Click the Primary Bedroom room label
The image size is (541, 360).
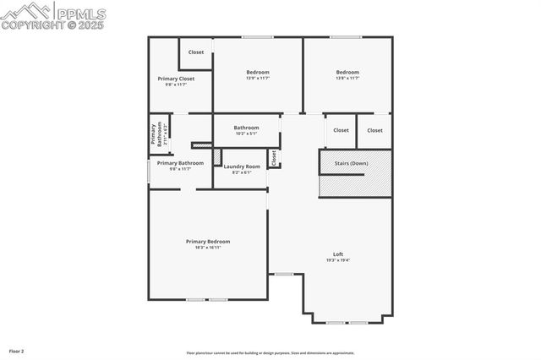[x=208, y=242]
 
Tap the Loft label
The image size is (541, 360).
[x=338, y=254]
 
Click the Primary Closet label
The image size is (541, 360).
[x=176, y=79]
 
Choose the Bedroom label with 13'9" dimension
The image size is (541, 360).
[x=258, y=72]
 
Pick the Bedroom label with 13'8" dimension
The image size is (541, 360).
[x=347, y=72]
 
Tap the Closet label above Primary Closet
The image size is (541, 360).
[x=196, y=52]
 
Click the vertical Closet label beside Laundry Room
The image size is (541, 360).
[x=274, y=157]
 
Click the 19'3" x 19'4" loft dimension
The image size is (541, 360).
[x=338, y=260]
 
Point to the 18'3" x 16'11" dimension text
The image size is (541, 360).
[x=208, y=248]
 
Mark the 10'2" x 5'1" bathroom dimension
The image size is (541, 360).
[x=247, y=134]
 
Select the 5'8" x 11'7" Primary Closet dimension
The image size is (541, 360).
[x=176, y=85]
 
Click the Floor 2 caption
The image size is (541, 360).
[x=17, y=351]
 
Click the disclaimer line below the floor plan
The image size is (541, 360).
[x=270, y=353]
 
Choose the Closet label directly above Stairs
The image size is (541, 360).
[x=342, y=130]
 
